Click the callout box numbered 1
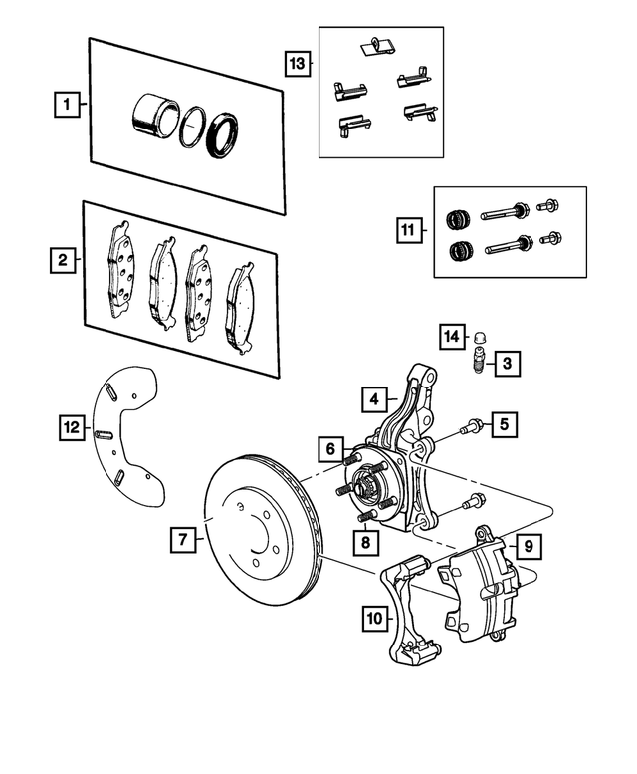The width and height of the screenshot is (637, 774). [66, 103]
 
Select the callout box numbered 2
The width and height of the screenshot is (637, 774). [63, 261]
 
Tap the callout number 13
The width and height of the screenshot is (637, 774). [298, 63]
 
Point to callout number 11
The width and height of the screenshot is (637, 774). [408, 231]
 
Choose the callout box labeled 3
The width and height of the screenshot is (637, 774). [507, 364]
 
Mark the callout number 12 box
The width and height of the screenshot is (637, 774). [70, 428]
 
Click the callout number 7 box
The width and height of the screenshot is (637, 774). [182, 541]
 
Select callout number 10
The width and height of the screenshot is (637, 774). [373, 619]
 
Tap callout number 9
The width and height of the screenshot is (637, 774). [529, 546]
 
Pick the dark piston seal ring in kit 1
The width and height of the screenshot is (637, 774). [222, 134]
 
